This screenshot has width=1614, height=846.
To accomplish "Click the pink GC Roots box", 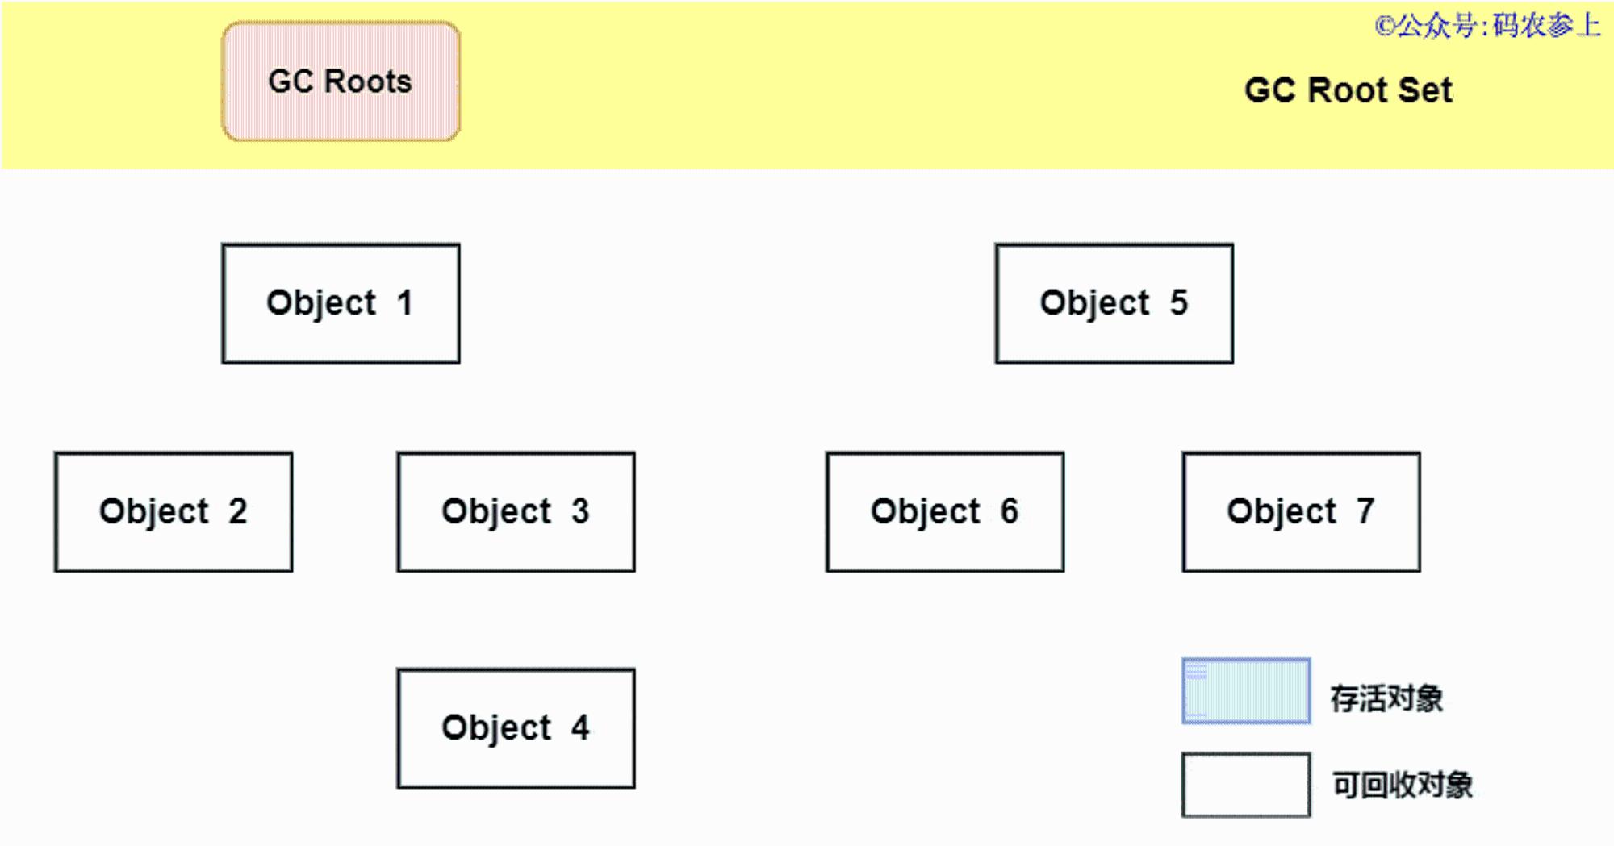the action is point(341,81).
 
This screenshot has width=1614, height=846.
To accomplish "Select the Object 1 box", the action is point(341,303).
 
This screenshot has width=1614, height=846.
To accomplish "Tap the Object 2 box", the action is point(174,512).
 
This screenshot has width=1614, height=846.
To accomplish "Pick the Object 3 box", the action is point(516,512).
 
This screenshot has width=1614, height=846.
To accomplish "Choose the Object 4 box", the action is point(516,728).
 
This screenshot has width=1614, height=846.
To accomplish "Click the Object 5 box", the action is point(1114,303).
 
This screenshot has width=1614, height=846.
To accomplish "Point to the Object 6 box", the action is point(945,512).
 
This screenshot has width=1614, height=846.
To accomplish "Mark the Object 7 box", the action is point(1302,512).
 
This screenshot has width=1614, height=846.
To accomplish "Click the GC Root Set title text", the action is point(1348,90).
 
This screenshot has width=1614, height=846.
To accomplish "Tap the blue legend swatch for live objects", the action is point(1246,691).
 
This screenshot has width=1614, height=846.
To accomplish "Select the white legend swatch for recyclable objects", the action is point(1246,785).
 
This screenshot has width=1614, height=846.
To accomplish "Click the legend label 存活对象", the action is point(1386,698).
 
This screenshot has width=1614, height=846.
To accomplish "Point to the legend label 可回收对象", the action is point(1403,785).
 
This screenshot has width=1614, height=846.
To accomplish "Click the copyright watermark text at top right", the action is point(1488,26).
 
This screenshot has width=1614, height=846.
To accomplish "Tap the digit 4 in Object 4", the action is point(580,727).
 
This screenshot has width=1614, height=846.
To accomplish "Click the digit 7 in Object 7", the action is point(1365,511).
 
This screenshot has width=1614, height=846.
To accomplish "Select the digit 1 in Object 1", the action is point(405,302).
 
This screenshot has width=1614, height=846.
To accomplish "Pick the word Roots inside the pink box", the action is point(368,81).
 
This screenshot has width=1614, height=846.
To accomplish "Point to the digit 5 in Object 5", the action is point(1179,302).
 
